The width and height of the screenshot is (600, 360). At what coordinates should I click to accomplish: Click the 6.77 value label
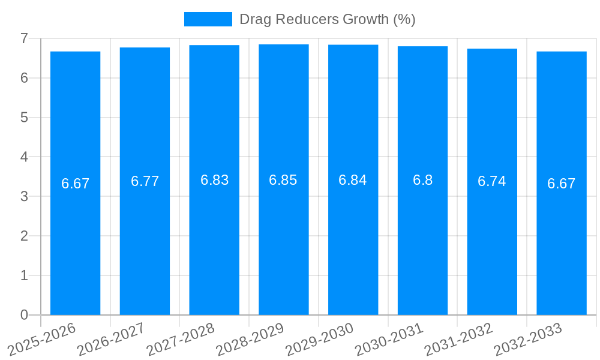(x=145, y=181)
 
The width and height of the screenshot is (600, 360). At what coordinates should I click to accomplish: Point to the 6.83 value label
(x=214, y=180)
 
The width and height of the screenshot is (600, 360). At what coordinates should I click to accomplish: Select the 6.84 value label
(x=353, y=180)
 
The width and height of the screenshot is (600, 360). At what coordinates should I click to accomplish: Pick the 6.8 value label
(x=422, y=180)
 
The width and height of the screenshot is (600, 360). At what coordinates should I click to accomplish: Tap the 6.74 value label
(x=492, y=181)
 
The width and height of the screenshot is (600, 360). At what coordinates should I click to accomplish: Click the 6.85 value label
(x=283, y=180)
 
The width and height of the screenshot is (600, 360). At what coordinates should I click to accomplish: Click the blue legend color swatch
(x=208, y=19)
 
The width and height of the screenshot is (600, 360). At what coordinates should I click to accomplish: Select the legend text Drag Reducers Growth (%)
(x=327, y=19)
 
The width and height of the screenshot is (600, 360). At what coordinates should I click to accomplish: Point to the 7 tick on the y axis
(x=24, y=38)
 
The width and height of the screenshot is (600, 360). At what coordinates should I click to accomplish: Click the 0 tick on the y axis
(x=24, y=315)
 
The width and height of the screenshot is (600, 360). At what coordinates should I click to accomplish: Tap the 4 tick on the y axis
(x=24, y=157)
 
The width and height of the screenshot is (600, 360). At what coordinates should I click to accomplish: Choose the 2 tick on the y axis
(x=24, y=236)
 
